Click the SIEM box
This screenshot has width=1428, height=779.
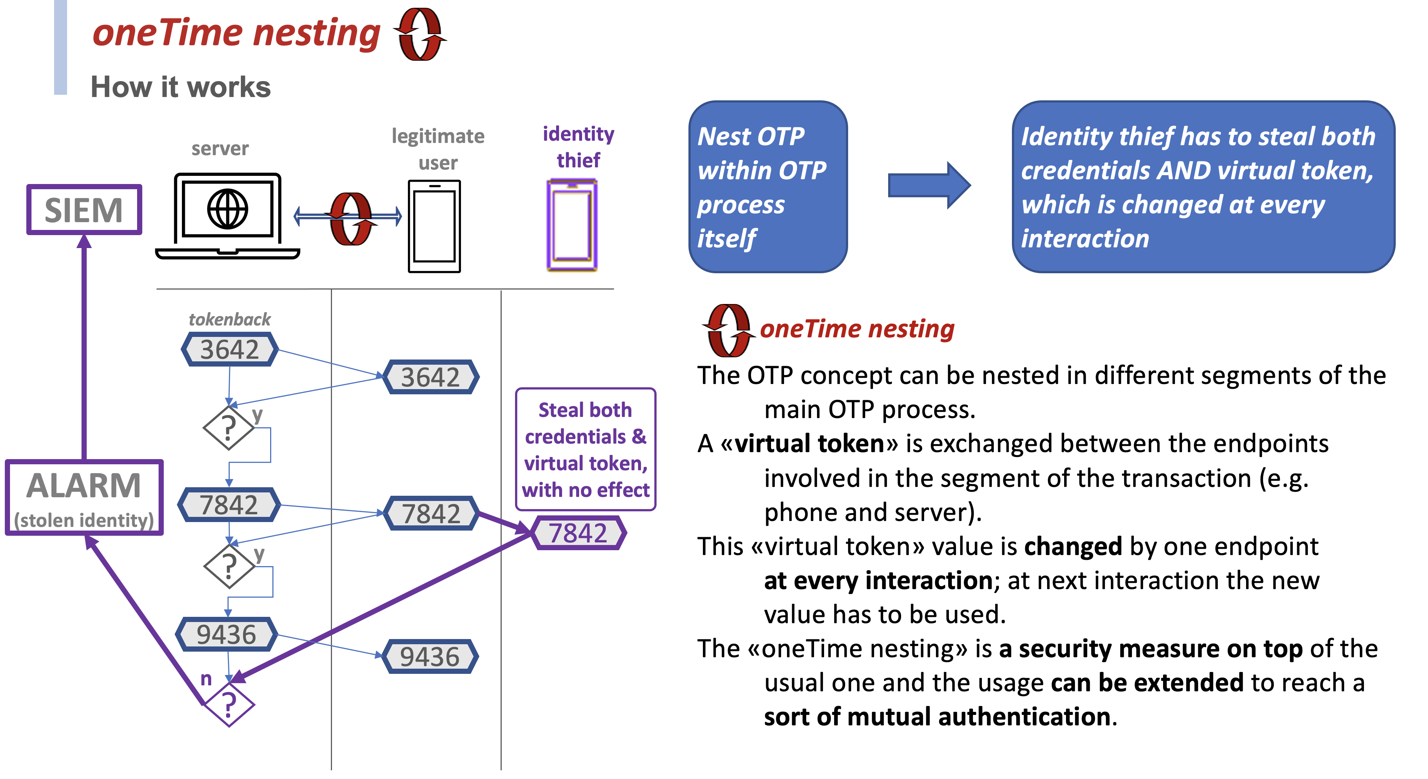pyautogui.click(x=84, y=210)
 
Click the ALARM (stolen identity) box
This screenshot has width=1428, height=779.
pyautogui.click(x=84, y=497)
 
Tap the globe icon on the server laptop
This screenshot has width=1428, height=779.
pyautogui.click(x=227, y=209)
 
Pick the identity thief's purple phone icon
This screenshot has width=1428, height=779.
pyautogui.click(x=572, y=225)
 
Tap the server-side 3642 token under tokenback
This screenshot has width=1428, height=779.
pyautogui.click(x=229, y=350)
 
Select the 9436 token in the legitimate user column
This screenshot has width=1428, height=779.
pyautogui.click(x=430, y=656)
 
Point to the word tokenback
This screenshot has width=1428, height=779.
pyautogui.click(x=229, y=319)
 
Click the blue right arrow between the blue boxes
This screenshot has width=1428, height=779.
pyautogui.click(x=929, y=185)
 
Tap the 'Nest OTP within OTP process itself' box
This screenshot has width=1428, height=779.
pyautogui.click(x=768, y=187)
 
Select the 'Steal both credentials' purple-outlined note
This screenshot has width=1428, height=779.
pyautogui.click(x=585, y=449)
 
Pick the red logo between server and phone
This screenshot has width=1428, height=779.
pyautogui.click(x=351, y=218)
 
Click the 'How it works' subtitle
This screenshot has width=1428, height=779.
pyautogui.click(x=181, y=87)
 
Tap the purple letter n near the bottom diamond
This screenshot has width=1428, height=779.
pyautogui.click(x=206, y=678)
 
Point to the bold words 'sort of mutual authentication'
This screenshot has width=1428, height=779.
pyautogui.click(x=937, y=716)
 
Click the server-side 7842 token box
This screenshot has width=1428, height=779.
pyautogui.click(x=229, y=505)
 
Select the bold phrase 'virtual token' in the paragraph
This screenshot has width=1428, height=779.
pyautogui.click(x=809, y=444)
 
